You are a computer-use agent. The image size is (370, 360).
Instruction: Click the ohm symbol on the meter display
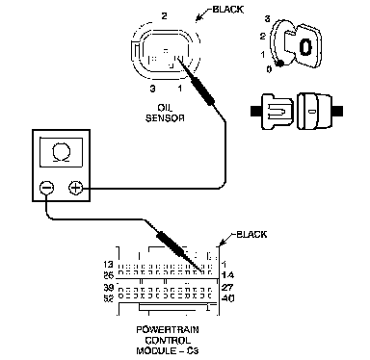61,153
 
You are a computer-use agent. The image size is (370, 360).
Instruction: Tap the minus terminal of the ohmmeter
46,188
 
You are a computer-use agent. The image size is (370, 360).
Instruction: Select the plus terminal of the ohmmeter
76,188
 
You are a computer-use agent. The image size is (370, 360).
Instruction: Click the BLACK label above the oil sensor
227,10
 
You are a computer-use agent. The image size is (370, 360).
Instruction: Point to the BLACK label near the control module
251,234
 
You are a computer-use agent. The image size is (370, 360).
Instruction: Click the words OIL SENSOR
165,113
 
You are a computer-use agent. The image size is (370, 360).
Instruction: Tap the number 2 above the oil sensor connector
164,16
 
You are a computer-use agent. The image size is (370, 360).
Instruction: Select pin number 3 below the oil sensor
153,89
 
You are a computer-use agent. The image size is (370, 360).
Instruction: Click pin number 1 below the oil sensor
180,88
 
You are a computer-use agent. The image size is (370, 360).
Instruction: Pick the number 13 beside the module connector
109,265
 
